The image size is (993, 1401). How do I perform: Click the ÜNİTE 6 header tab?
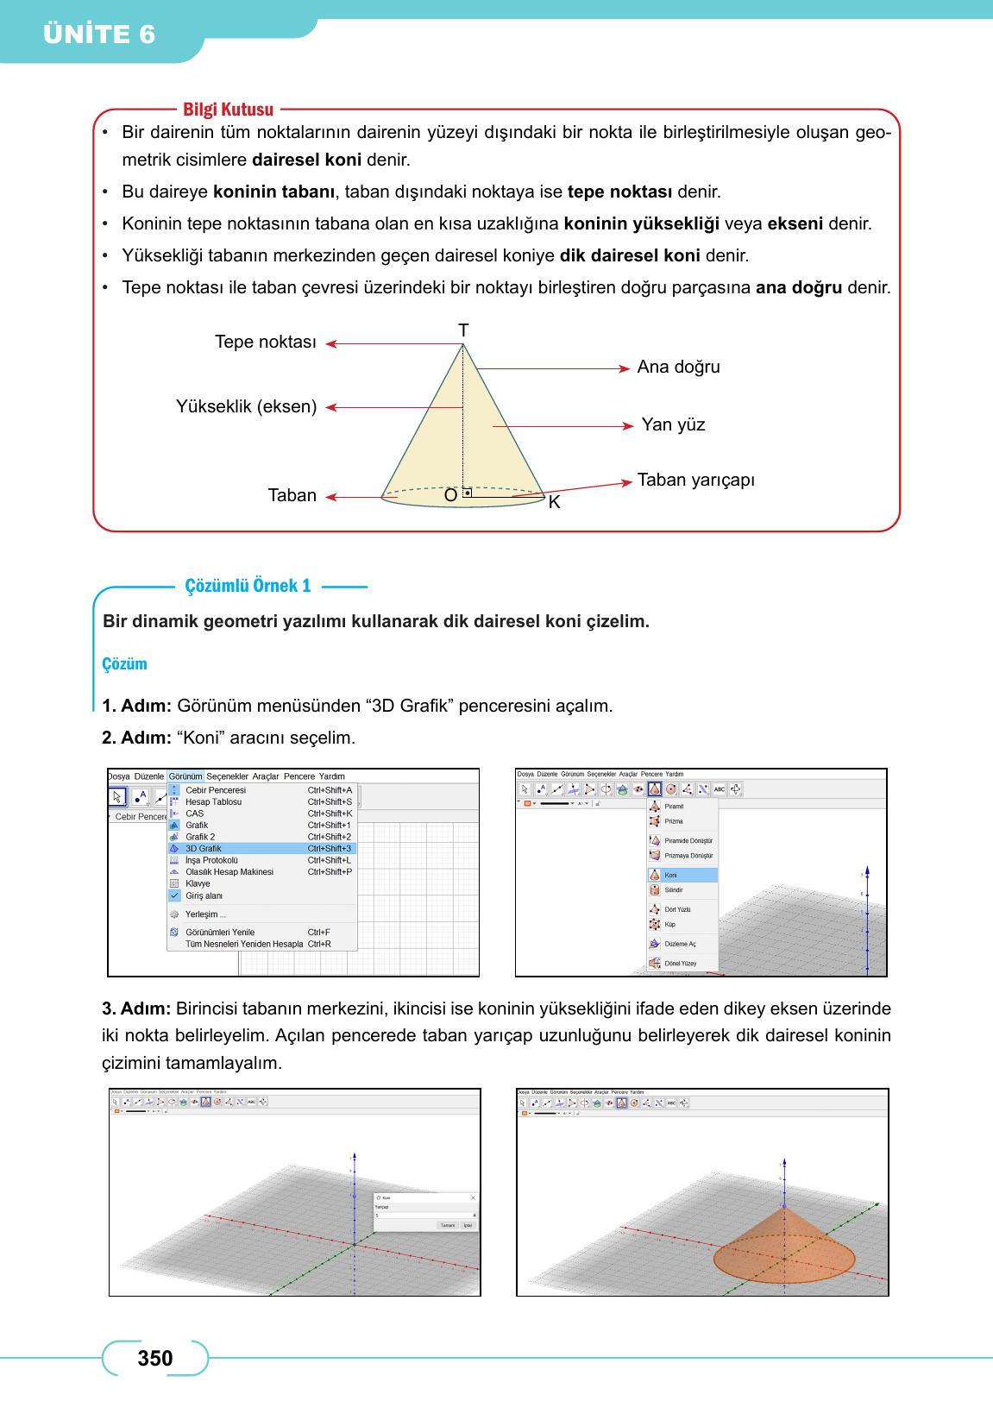99,35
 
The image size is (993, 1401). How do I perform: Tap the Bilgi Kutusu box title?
228,110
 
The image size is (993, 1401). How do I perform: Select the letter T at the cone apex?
463,330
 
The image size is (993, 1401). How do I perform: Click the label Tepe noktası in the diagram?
265,342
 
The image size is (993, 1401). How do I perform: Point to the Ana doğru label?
678,367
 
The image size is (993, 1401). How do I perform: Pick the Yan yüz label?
673,424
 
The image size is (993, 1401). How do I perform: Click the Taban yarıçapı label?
695,480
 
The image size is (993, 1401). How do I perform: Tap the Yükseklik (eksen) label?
246,406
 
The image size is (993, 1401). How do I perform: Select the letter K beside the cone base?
554,502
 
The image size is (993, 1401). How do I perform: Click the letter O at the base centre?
450,496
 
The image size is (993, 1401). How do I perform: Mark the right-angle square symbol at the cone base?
467,493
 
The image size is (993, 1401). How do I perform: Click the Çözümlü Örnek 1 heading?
248,587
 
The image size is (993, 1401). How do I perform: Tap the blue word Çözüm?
124,664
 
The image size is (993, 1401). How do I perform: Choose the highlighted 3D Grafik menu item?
204,848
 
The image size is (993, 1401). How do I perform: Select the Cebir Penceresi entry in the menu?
216,790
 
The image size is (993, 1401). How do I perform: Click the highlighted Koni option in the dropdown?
671,875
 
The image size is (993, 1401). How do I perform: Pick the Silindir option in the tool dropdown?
674,889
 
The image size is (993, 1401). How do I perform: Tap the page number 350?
155,1359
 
